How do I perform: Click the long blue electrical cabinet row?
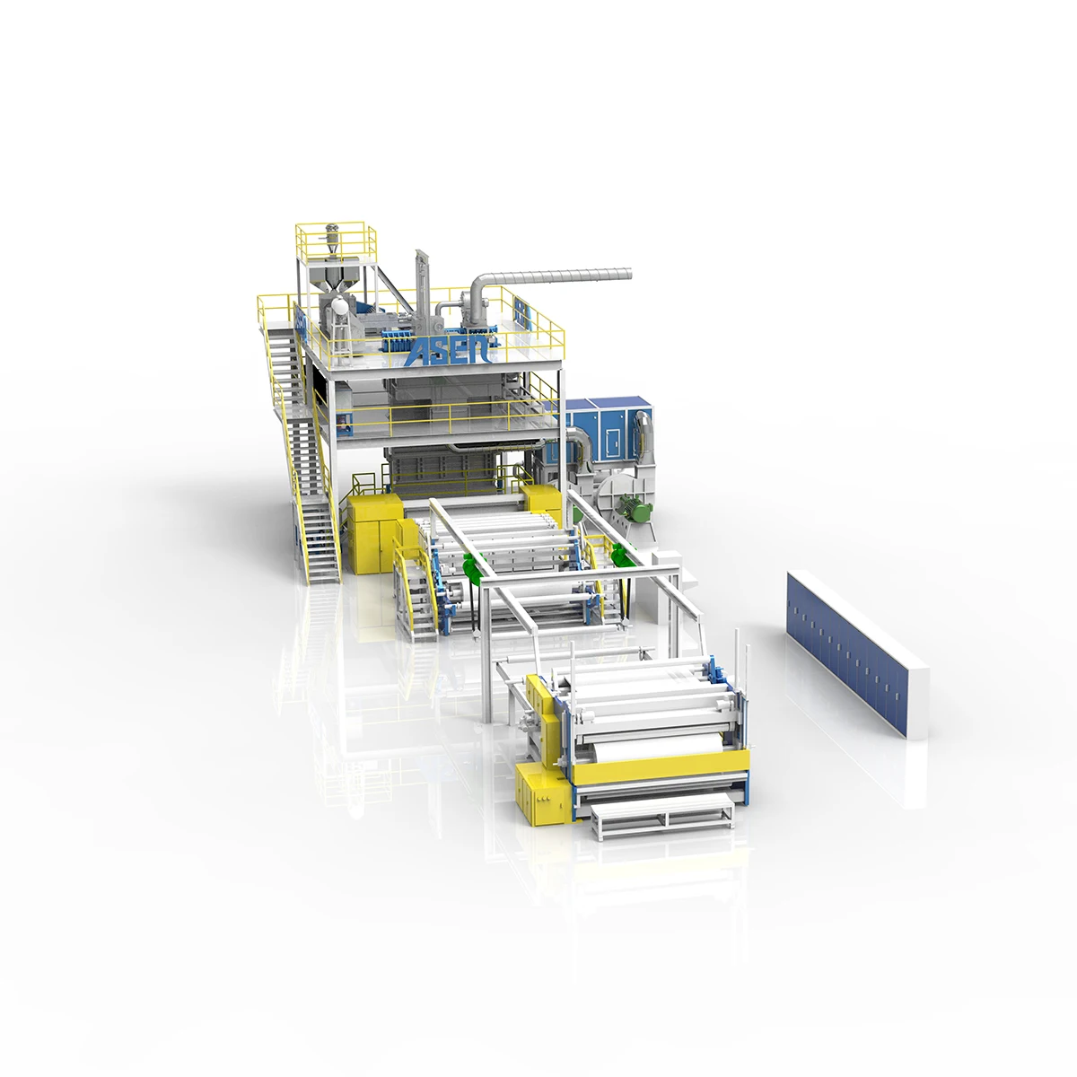(856, 652)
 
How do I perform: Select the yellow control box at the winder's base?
(540, 795)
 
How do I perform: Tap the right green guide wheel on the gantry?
(618, 556)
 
